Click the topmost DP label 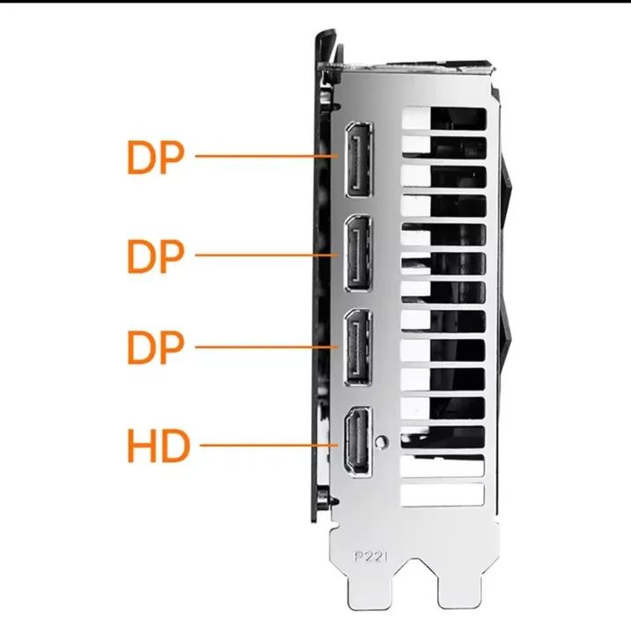point(156,158)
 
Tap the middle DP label point(156,256)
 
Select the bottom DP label point(156,347)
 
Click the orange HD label point(159,445)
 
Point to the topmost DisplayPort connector point(359,159)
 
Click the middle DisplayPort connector point(358,253)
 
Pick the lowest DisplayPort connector point(357,347)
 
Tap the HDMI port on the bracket point(358,441)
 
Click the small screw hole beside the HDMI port point(381,442)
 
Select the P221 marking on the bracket point(370,557)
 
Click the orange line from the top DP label point(267,156)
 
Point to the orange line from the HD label point(269,445)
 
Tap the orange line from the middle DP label point(267,255)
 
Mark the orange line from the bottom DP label point(267,347)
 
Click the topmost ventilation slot point(444,119)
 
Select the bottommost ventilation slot point(442,495)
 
